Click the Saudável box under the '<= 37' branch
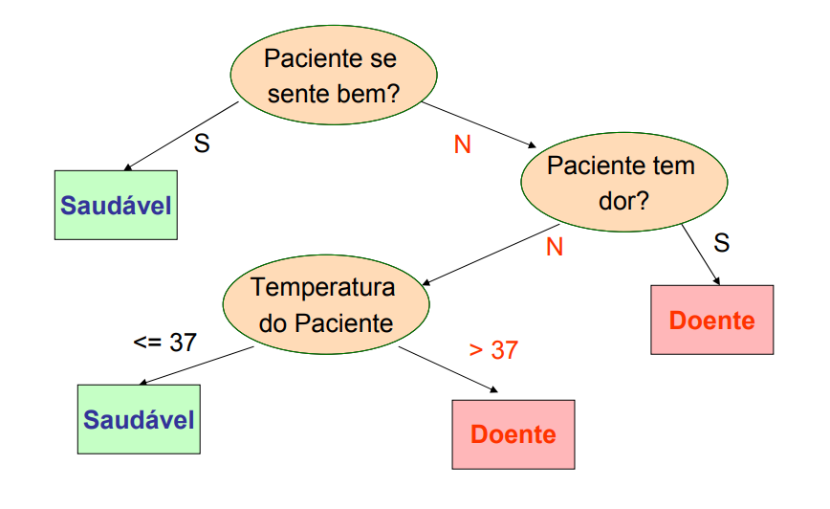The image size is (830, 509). pos(139,419)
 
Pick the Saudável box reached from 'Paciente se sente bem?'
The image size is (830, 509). pos(116,205)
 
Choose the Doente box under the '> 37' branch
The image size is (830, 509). pos(513,433)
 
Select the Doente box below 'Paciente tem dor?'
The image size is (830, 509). pos(711,320)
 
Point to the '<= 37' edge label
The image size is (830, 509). pos(164,342)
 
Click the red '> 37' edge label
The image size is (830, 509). pos(493,350)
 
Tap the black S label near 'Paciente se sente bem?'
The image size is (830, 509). pos(202,144)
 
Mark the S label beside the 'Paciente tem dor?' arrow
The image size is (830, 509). pos(722,243)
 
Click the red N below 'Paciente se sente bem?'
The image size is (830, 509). pos(462,144)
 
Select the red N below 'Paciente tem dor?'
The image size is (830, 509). pos(554,247)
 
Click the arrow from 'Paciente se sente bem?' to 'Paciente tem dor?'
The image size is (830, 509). pos(478,122)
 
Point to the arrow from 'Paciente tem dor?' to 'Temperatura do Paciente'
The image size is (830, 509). pos(482,257)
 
